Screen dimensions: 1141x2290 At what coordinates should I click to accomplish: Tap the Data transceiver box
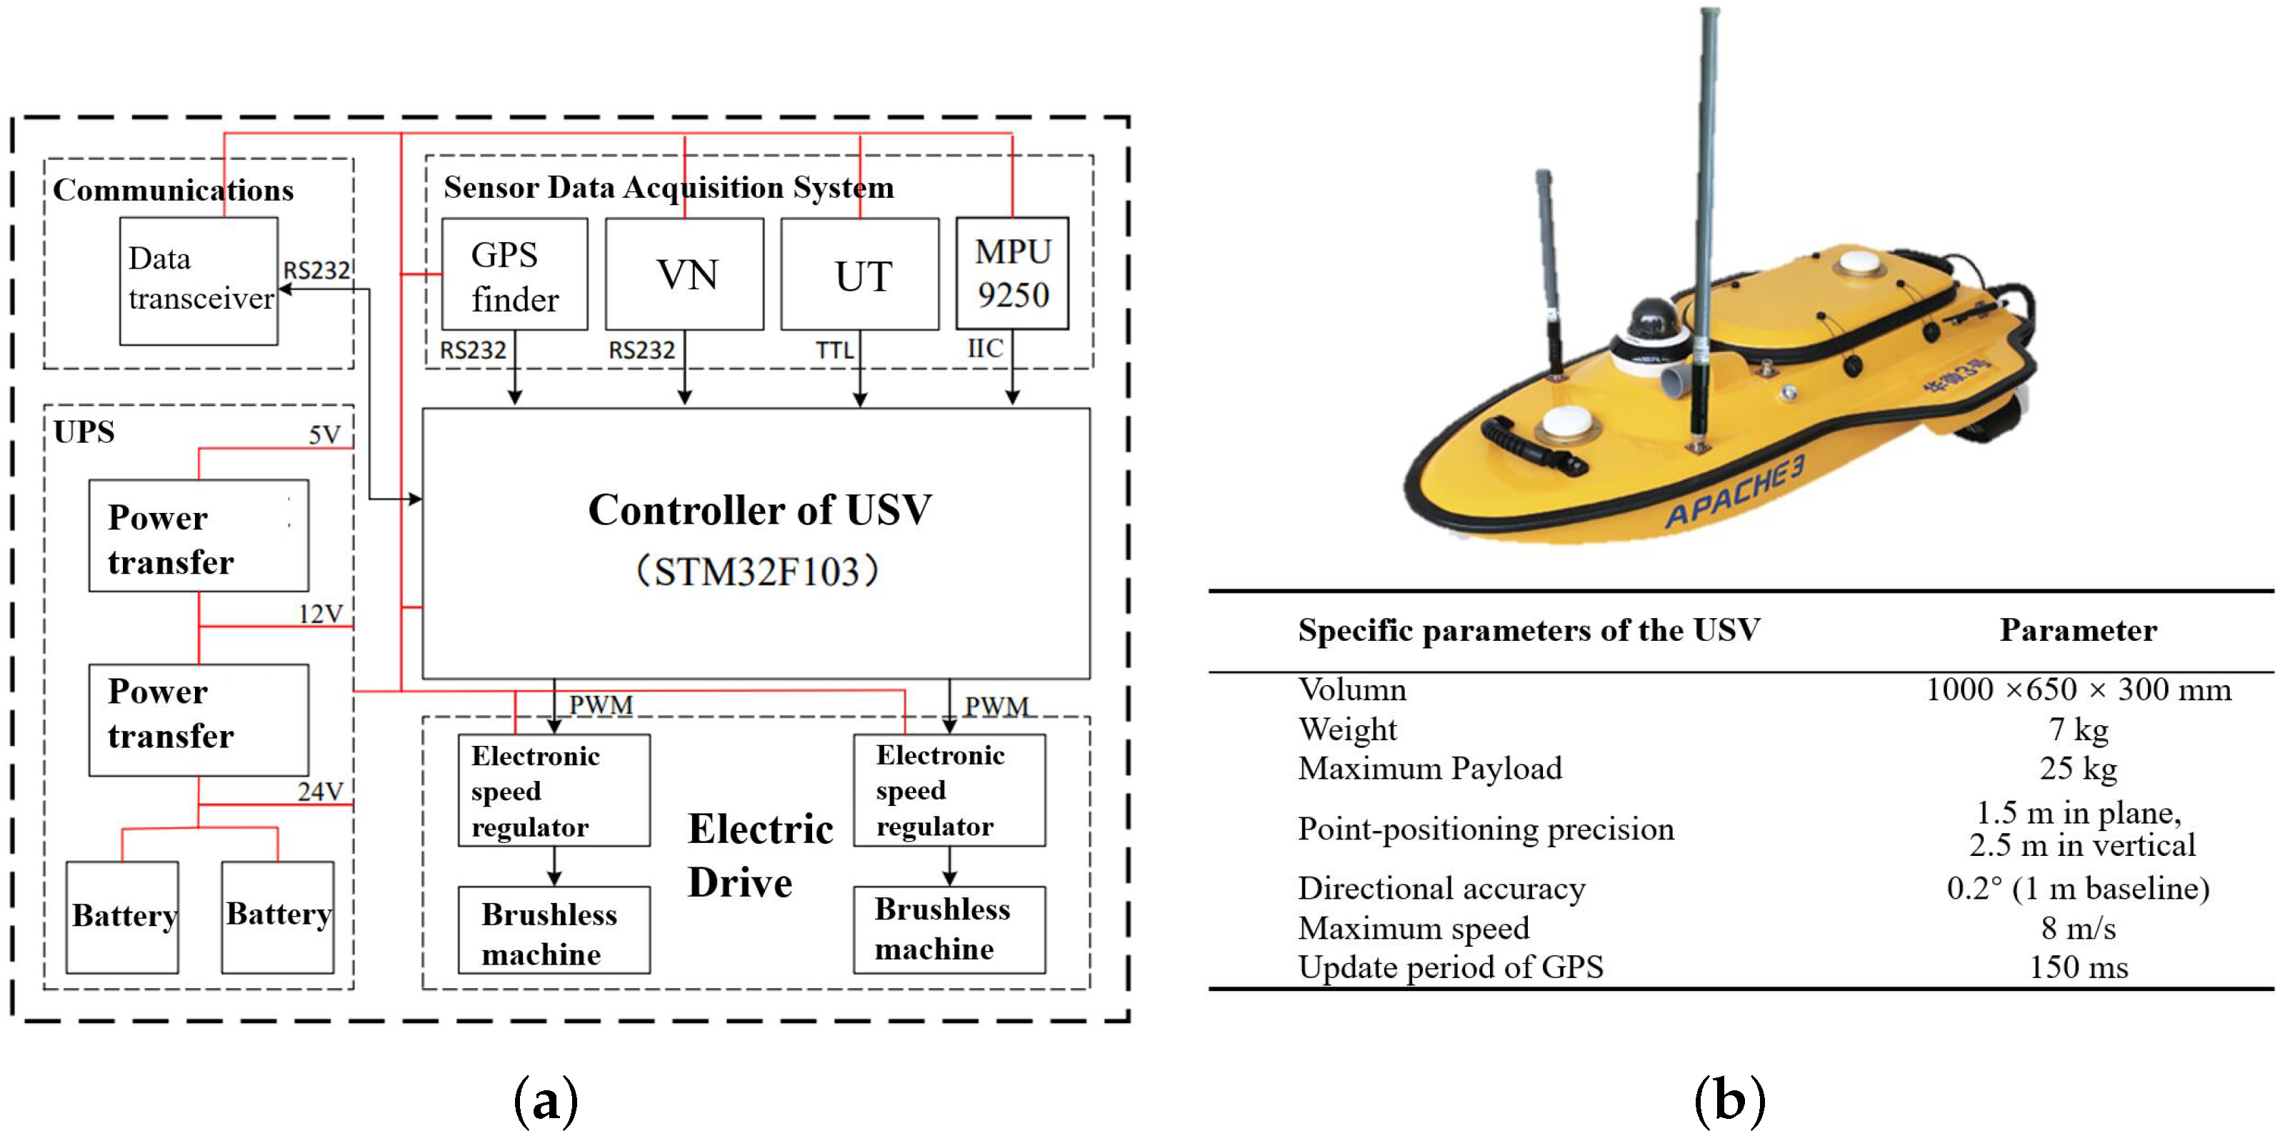[199, 280]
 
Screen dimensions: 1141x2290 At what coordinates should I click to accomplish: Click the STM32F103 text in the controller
[757, 572]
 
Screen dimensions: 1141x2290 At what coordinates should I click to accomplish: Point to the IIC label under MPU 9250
[984, 348]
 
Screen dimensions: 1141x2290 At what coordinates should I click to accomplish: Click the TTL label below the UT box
[834, 350]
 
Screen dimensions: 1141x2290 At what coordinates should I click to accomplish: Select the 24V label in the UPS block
[319, 791]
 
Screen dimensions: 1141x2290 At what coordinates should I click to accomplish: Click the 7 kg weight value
[2078, 729]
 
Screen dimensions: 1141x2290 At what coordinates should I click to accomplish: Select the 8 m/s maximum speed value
[2078, 927]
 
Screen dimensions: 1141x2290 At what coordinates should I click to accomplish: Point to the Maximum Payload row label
[1429, 768]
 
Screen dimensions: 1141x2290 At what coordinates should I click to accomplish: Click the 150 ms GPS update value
[2078, 967]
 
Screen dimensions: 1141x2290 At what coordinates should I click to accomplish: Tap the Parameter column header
[2078, 629]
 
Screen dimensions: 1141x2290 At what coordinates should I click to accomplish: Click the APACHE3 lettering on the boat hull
[1734, 495]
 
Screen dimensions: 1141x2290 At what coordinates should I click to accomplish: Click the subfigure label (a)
[545, 1101]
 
